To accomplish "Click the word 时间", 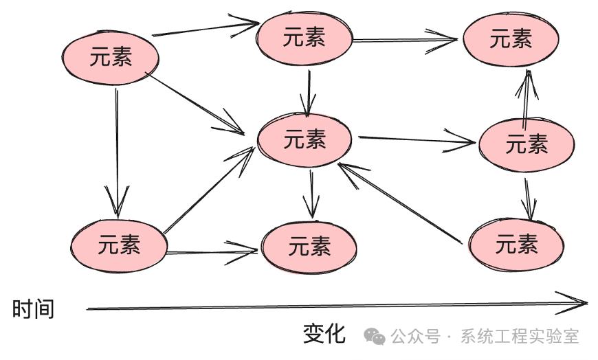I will point(33,309).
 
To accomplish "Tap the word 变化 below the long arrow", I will point(323,334).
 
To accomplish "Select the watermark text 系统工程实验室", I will point(520,336).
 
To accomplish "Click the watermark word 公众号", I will point(415,336).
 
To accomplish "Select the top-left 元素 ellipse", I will point(111,58).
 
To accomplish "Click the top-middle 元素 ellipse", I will point(304,38).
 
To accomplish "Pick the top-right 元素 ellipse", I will point(511,39).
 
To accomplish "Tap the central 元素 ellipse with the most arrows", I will point(304,139).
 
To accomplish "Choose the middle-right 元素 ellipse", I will point(527,144).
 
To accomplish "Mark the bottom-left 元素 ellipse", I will point(119,245).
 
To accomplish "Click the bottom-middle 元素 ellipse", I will point(309,246).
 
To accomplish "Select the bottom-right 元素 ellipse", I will point(516,243).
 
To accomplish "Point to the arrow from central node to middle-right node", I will point(416,140).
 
